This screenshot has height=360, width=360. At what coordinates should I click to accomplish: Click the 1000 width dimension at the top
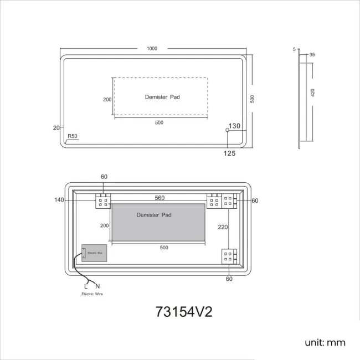pyautogui.click(x=152, y=48)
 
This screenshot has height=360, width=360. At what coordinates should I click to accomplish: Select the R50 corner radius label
pyautogui.click(x=72, y=136)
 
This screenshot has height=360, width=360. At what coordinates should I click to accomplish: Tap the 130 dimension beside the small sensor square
pyautogui.click(x=235, y=126)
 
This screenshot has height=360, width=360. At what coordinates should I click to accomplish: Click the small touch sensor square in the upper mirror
pyautogui.click(x=227, y=131)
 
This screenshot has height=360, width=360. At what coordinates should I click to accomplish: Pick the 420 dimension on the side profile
pyautogui.click(x=312, y=92)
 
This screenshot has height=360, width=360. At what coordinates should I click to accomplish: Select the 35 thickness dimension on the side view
pyautogui.click(x=312, y=55)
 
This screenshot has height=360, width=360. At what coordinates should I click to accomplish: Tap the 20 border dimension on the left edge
pyautogui.click(x=56, y=127)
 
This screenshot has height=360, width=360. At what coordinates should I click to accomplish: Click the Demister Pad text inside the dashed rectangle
pyautogui.click(x=162, y=97)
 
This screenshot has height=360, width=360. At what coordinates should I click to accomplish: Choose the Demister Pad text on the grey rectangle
pyautogui.click(x=154, y=214)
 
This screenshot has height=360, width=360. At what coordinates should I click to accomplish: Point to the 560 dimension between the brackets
pyautogui.click(x=160, y=198)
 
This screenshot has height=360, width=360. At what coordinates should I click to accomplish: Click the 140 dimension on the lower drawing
pyautogui.click(x=60, y=200)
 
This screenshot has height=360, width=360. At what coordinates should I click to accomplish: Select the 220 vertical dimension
pyautogui.click(x=222, y=227)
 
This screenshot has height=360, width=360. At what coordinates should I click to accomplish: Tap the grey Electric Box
pyautogui.click(x=94, y=253)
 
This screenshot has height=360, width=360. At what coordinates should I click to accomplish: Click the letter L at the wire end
pyautogui.click(x=86, y=286)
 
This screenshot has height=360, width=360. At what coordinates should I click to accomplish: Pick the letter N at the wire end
pyautogui.click(x=97, y=286)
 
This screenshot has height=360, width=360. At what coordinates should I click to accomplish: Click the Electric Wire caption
pyautogui.click(x=91, y=294)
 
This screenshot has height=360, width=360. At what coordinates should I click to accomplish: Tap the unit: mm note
pyautogui.click(x=325, y=342)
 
